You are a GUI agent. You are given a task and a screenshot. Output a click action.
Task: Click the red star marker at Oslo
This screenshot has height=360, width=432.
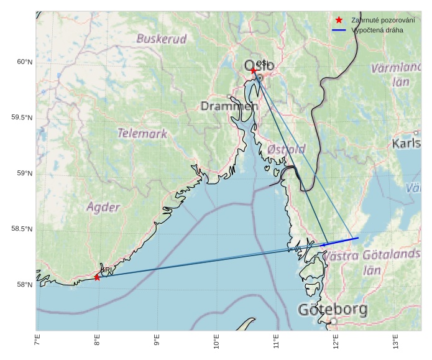254,70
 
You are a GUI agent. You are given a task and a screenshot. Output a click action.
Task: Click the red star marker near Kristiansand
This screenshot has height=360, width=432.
97,277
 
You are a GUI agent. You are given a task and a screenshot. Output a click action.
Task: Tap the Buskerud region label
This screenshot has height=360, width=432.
162,39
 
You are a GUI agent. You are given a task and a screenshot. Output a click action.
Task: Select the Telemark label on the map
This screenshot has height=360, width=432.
142,133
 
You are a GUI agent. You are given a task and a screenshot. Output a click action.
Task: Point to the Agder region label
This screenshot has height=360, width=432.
103,207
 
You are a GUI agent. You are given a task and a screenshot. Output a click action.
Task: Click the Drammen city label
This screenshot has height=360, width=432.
229,106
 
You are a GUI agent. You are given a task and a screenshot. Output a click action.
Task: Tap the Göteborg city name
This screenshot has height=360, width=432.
333,309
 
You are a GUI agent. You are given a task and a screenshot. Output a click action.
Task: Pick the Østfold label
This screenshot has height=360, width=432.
286,149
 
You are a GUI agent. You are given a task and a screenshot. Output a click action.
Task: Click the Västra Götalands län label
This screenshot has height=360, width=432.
372,262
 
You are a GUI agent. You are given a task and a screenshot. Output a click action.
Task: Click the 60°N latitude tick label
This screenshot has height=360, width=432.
24,62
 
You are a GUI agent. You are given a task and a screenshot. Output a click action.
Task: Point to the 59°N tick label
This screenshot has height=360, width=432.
24,173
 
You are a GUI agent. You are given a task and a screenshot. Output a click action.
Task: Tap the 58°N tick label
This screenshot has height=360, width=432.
24,285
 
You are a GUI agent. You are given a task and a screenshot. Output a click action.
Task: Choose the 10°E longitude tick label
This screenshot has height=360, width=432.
216,343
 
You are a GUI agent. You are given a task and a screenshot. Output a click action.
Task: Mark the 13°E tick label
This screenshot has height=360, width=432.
395,343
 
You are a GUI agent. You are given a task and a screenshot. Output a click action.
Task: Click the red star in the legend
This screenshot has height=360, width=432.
339,20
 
